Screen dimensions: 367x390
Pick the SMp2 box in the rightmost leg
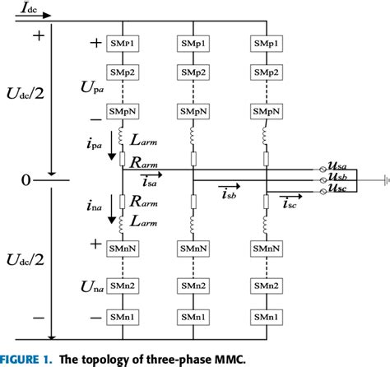(x=267, y=72)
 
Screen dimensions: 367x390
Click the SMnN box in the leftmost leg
(x=123, y=244)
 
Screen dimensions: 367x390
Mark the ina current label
(x=94, y=206)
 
